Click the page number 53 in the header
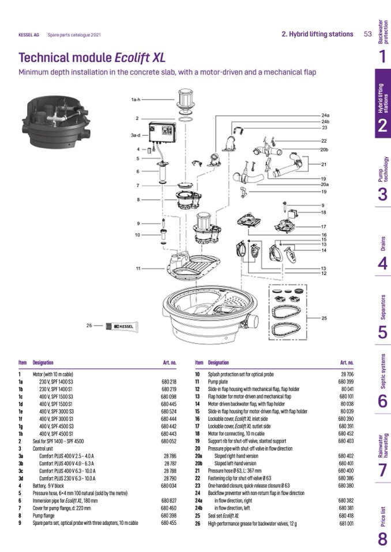tap(367, 34)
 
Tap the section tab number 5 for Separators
tap(382, 332)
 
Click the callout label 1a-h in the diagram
tap(136, 100)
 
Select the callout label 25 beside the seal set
tap(324, 318)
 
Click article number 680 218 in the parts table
tap(168, 382)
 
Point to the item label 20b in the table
tap(198, 463)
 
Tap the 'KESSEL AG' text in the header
tap(29, 35)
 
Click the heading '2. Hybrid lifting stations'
tap(317, 34)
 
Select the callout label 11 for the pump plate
tap(138, 269)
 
